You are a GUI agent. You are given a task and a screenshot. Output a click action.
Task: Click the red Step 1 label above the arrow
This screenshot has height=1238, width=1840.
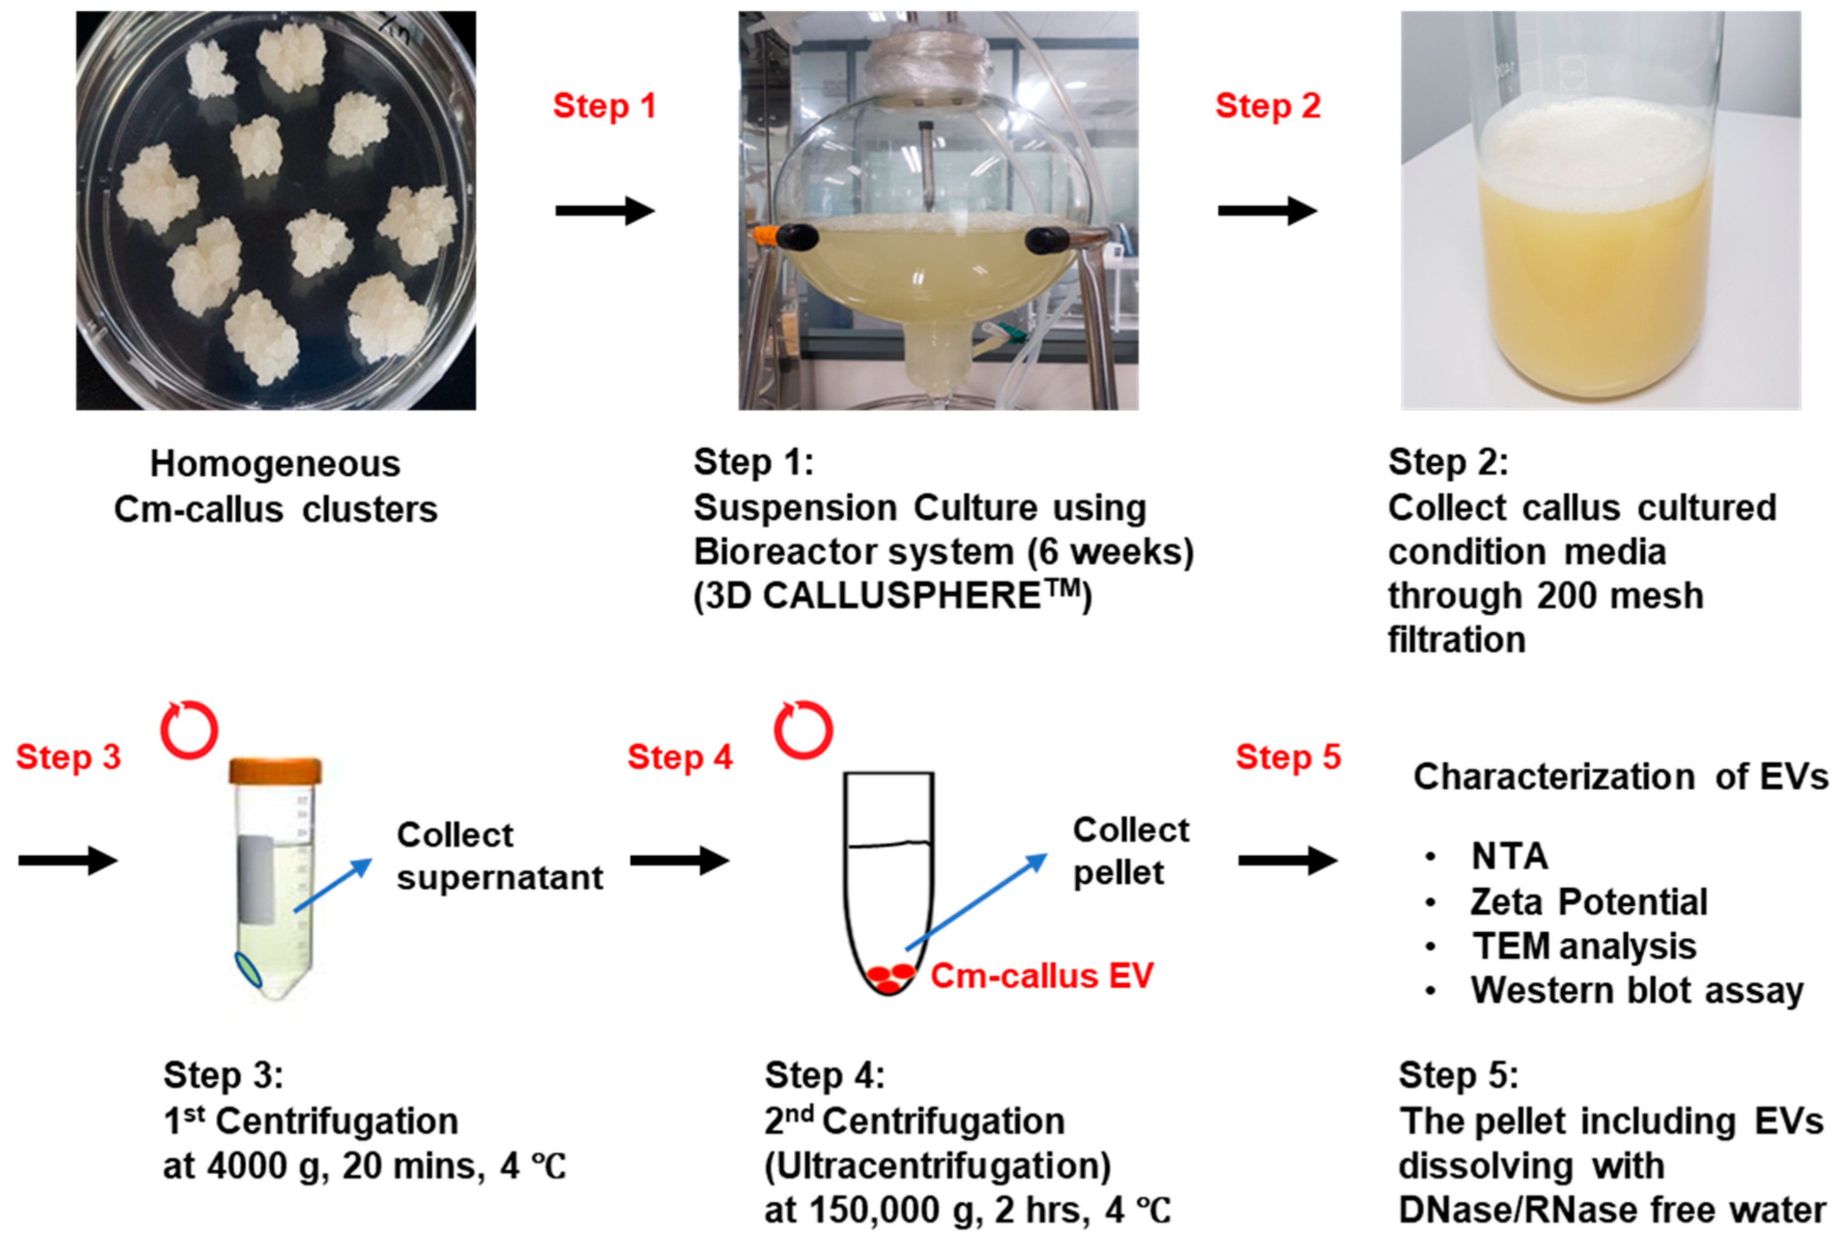[604, 106]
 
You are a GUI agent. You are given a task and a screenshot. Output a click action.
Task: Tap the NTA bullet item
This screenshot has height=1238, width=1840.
[1508, 857]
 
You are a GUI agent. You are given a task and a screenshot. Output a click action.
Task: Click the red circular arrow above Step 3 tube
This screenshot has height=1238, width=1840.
[190, 730]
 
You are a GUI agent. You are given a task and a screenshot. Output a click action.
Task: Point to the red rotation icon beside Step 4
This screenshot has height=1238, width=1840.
[803, 730]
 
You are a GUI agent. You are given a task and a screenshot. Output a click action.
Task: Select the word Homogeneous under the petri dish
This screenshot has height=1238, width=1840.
[275, 463]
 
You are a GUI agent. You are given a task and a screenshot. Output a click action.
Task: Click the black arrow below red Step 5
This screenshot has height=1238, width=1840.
[1287, 861]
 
